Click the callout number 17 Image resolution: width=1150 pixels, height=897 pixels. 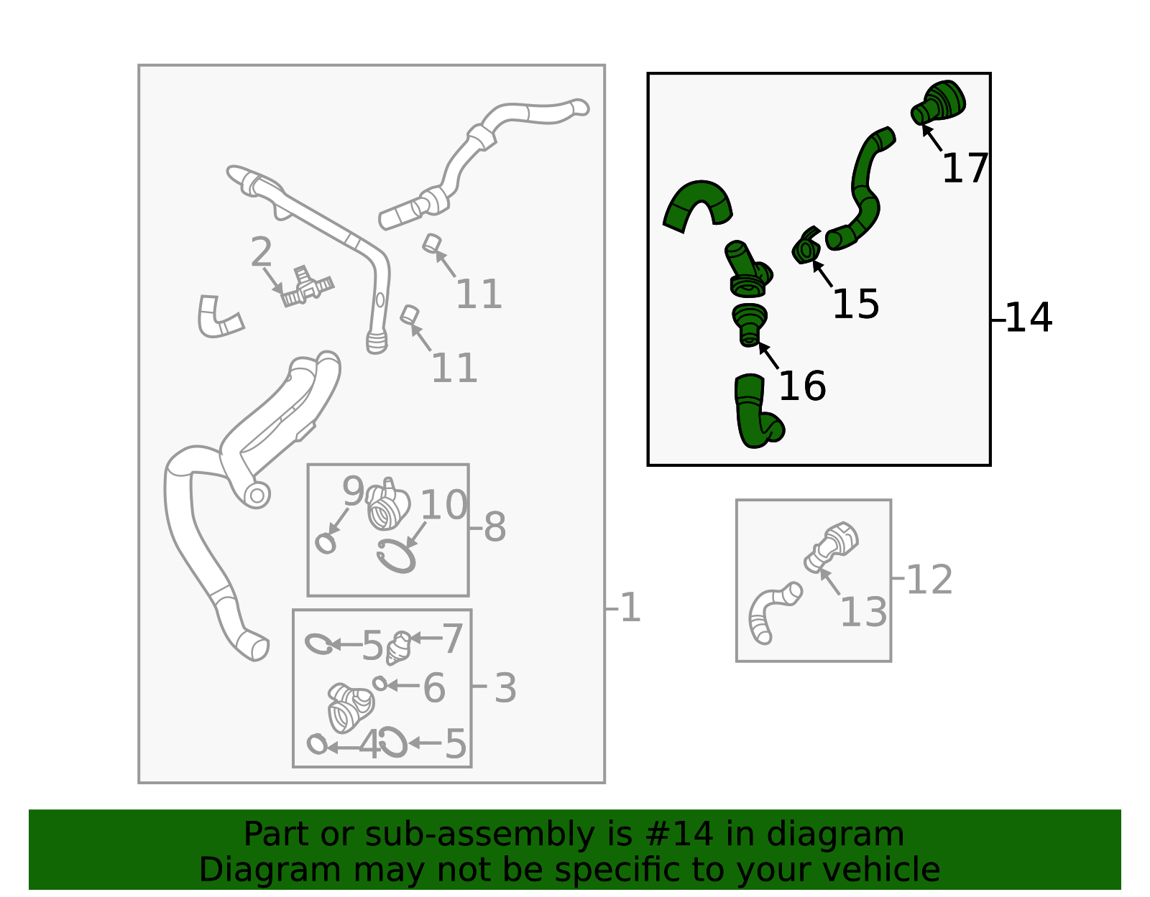click(965, 168)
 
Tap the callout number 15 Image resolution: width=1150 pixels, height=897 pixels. click(856, 304)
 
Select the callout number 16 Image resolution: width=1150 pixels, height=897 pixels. click(802, 386)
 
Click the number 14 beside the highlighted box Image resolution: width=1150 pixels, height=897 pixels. click(1029, 317)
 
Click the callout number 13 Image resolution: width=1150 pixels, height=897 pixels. click(863, 612)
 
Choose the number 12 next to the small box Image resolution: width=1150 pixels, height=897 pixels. click(929, 580)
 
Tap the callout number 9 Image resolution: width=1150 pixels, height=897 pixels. click(353, 491)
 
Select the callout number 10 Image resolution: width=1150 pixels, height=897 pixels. click(443, 504)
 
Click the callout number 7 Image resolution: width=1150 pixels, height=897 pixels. click(453, 638)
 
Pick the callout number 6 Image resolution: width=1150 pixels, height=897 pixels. click(434, 688)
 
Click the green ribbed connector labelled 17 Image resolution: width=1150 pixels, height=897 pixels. click(938, 103)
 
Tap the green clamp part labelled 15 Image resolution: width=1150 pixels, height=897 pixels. click(806, 246)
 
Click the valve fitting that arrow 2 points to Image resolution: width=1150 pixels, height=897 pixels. click(308, 287)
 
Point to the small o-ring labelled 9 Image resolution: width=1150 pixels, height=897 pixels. click(326, 544)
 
